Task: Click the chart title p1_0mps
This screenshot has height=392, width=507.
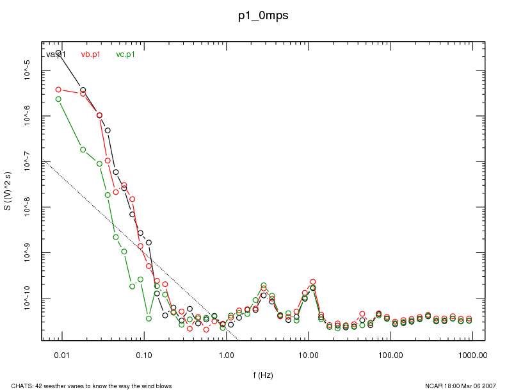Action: click(x=263, y=16)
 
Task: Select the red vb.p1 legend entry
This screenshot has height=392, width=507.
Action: click(x=90, y=54)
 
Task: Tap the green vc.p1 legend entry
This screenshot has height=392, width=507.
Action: click(x=125, y=54)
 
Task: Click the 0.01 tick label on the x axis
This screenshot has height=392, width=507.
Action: click(x=61, y=354)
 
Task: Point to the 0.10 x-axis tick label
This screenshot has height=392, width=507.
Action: click(x=143, y=354)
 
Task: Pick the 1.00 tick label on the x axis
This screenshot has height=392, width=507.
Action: click(x=226, y=354)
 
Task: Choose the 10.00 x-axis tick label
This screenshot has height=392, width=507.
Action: click(x=308, y=354)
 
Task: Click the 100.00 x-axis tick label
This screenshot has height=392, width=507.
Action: click(x=390, y=354)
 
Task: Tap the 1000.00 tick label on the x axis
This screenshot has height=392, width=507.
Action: click(x=472, y=354)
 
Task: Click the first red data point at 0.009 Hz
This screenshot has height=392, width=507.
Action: click(x=58, y=90)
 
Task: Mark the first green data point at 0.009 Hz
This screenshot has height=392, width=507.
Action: click(x=58, y=99)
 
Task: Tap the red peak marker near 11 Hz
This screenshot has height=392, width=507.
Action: click(x=313, y=282)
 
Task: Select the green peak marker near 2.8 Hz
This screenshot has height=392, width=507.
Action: click(x=263, y=285)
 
